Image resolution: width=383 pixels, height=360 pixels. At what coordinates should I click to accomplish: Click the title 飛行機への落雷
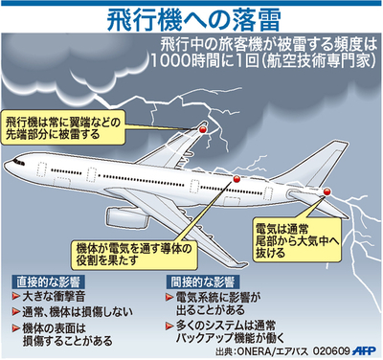(x=191, y=20)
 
